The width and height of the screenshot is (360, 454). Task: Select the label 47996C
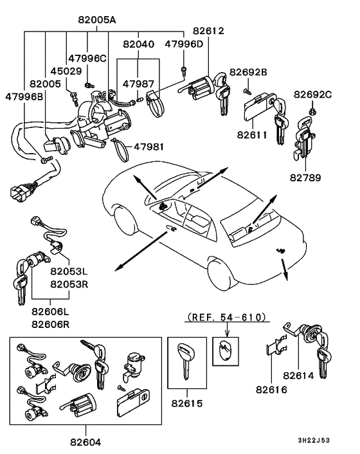(x=88, y=59)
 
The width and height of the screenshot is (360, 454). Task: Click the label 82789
(x=306, y=176)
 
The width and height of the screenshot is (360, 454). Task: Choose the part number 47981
(x=148, y=147)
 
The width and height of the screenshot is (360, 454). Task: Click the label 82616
(x=274, y=390)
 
